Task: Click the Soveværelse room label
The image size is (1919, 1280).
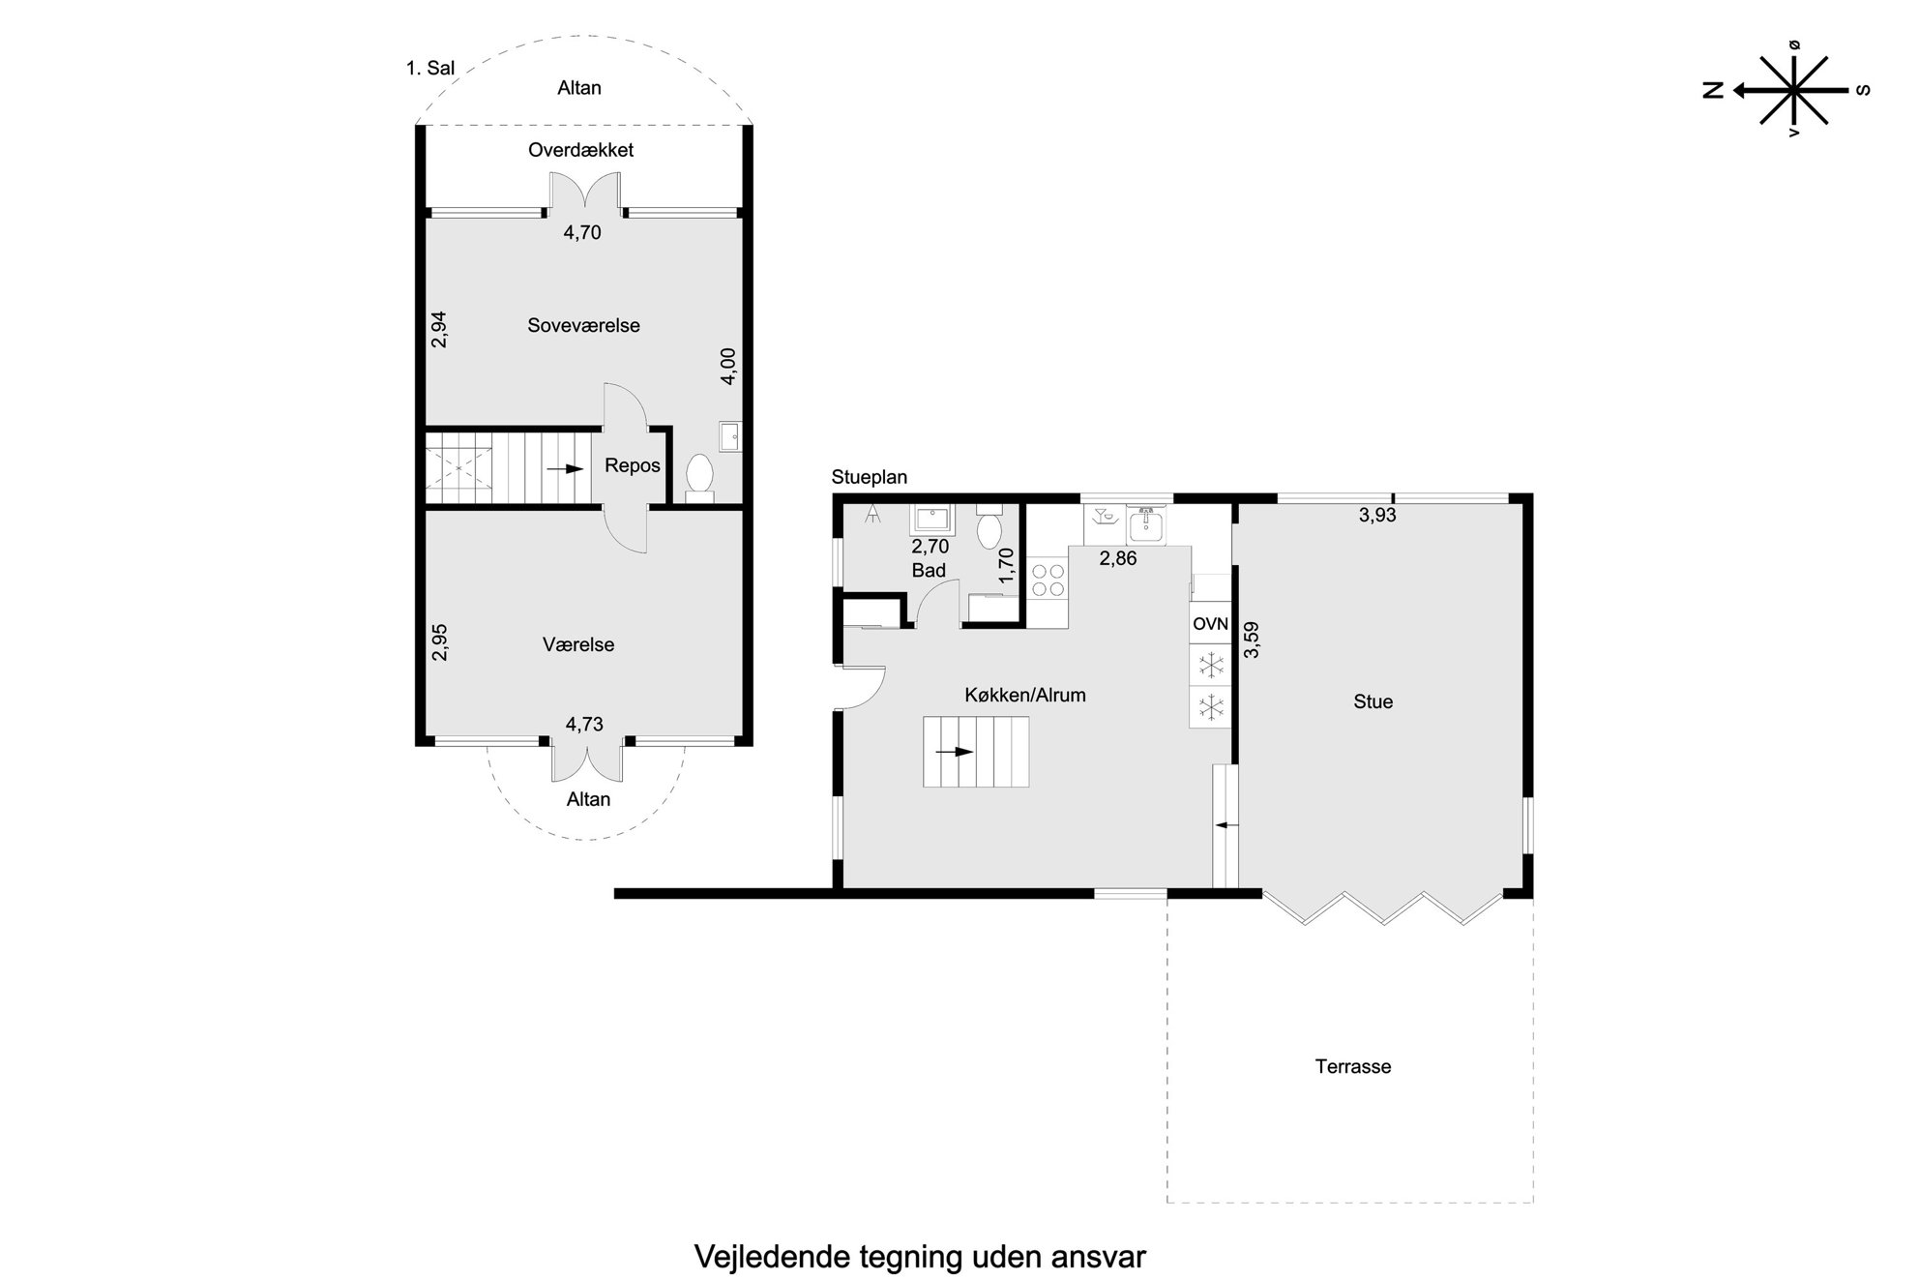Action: [583, 326]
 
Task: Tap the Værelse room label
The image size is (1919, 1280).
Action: [578, 645]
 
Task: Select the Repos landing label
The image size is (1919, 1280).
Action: [633, 466]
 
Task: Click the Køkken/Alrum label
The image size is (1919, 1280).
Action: [1025, 695]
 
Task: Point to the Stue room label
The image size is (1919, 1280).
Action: [1373, 702]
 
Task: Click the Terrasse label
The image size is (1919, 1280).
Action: [1353, 1067]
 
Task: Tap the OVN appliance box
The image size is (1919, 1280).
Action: [1210, 624]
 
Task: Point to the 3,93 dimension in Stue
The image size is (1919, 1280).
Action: [1377, 516]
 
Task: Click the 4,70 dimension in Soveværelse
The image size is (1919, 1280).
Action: [582, 232]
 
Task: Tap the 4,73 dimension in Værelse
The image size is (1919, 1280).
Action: [584, 724]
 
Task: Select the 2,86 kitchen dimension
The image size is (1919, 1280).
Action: [1118, 558]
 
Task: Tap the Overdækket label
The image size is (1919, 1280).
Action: [580, 150]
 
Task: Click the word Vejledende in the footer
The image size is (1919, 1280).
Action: [772, 1257]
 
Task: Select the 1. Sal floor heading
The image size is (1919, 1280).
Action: [430, 69]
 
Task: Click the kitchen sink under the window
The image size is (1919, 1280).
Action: [1146, 523]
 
